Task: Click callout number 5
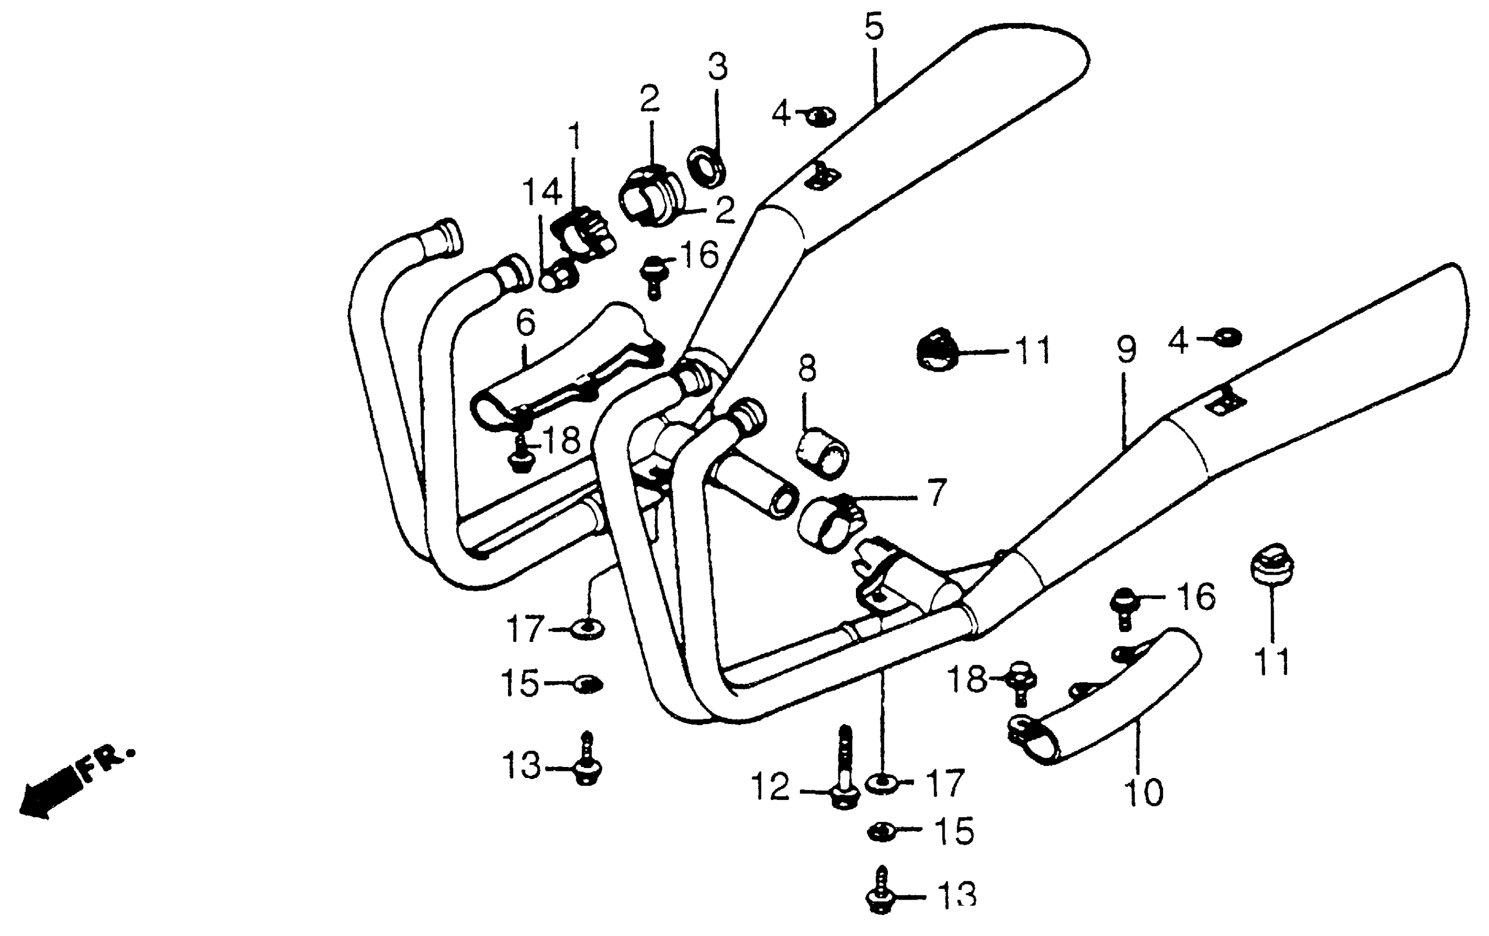pos(874,28)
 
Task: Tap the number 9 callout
pos(1126,350)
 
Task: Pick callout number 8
pos(807,369)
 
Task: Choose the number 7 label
pos(937,494)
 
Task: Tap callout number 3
pos(717,67)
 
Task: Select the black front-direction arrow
pos(46,796)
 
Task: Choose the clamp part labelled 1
pos(583,231)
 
